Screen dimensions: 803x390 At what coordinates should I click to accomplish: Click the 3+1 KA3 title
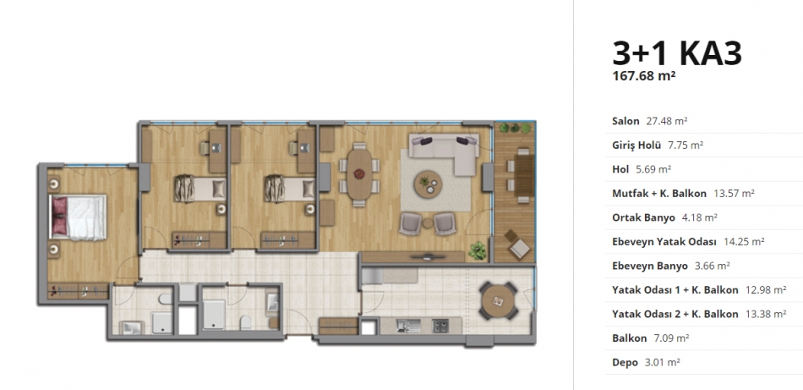click(676, 52)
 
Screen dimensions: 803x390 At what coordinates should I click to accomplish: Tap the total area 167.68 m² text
click(644, 76)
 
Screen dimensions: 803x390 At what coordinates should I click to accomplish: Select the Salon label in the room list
click(625, 121)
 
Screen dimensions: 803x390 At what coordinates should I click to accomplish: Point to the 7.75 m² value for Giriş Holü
click(686, 145)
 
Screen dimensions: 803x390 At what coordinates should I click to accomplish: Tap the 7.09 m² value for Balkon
click(671, 338)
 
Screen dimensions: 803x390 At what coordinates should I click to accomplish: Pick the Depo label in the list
click(625, 362)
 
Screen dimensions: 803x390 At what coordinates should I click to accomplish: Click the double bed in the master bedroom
click(78, 217)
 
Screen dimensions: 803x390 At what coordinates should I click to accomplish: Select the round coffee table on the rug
click(429, 184)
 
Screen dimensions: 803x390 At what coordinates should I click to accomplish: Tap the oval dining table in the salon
click(359, 173)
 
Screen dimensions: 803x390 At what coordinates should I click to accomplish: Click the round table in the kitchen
click(497, 299)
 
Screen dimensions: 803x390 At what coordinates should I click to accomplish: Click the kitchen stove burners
click(440, 326)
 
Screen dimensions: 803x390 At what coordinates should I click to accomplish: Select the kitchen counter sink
click(408, 326)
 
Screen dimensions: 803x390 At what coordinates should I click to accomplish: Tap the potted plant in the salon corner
click(478, 250)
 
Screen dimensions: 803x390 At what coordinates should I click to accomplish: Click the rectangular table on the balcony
click(524, 175)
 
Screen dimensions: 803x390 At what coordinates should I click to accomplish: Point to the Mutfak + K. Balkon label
click(659, 193)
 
